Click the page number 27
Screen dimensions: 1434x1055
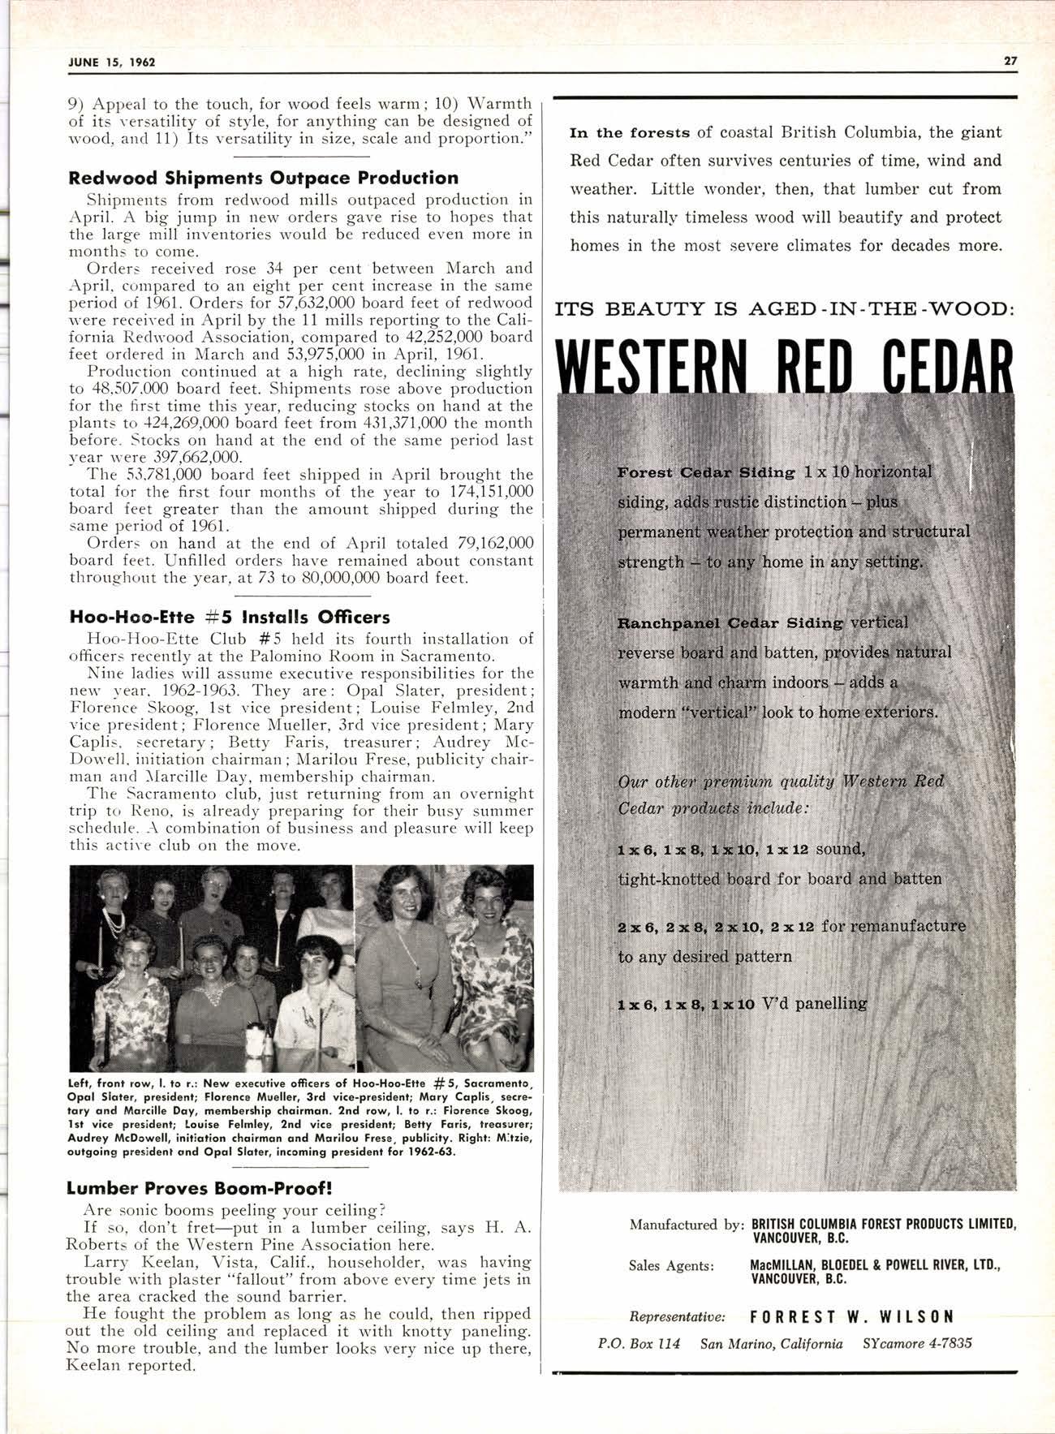coord(1010,62)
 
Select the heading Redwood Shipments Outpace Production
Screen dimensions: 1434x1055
coord(264,178)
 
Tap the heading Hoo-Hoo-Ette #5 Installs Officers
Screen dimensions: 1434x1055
coord(230,617)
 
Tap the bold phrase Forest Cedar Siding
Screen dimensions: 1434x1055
coord(706,472)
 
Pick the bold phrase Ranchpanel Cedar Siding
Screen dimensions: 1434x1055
coord(730,623)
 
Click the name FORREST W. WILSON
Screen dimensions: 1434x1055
coord(851,1316)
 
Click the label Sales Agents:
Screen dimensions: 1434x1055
coord(670,1264)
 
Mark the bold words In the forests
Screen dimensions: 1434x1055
coord(630,132)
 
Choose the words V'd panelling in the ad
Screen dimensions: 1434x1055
coord(815,1003)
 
